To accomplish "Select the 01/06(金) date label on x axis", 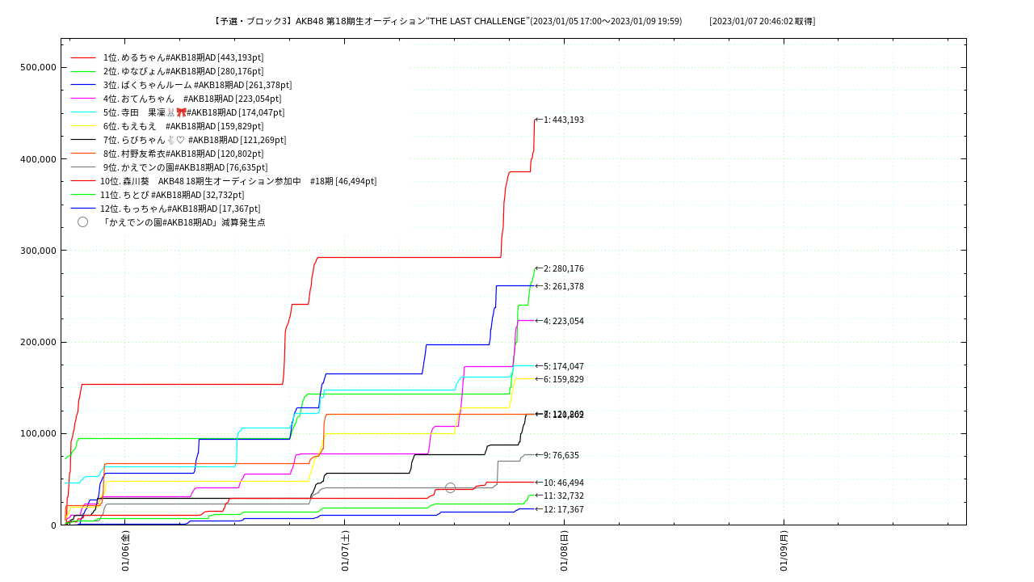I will pos(125,551).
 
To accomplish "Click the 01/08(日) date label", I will pos(564,551).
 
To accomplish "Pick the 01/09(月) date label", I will pos(784,551).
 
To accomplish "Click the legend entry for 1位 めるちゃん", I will pos(183,57).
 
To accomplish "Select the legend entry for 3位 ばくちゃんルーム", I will pos(197,85).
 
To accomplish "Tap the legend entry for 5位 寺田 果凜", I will pos(193,112).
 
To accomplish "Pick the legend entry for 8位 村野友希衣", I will pos(183,154).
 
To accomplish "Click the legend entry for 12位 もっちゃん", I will pos(179,209).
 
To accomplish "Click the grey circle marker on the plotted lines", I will pos(450,487).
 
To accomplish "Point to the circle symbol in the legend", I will pos(82,221).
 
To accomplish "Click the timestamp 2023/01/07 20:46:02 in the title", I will pos(762,21).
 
